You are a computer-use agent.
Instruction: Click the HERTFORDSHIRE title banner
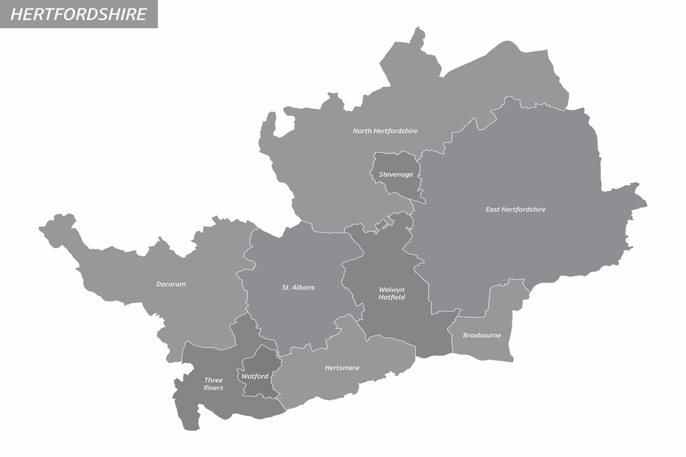click(x=79, y=14)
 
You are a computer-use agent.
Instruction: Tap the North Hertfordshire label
click(x=385, y=131)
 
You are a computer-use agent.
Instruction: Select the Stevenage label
click(x=396, y=175)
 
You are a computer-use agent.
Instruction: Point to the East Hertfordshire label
click(x=515, y=210)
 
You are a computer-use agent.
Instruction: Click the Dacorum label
click(x=171, y=284)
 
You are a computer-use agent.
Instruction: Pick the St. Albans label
click(x=298, y=288)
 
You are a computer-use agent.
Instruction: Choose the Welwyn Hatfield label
click(x=392, y=293)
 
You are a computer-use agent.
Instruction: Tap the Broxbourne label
click(x=482, y=336)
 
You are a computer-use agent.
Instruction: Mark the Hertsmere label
click(x=342, y=369)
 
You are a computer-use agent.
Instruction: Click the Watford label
click(x=255, y=376)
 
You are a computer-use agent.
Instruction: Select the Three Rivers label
click(x=213, y=384)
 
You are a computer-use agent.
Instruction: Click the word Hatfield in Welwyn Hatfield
click(x=392, y=297)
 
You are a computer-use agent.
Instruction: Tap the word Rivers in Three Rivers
click(x=213, y=388)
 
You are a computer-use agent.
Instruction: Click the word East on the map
click(x=493, y=210)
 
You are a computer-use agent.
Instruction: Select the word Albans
click(x=304, y=288)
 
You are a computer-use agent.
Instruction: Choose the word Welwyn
click(x=392, y=289)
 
